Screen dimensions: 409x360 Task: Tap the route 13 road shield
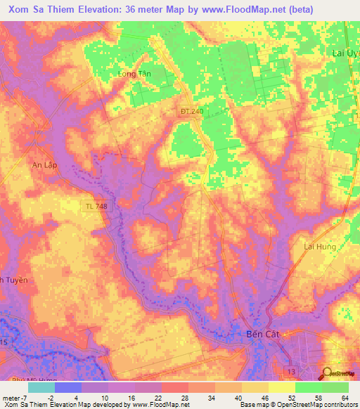click(290, 370)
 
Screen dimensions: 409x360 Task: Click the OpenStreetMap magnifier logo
click(326, 375)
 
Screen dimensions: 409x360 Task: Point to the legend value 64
click(344, 398)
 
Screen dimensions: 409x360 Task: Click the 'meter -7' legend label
click(14, 398)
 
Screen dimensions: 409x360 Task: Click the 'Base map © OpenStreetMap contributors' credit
click(298, 405)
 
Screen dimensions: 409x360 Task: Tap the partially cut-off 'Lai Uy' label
click(345, 53)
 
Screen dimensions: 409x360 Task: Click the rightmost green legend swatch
click(335, 387)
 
